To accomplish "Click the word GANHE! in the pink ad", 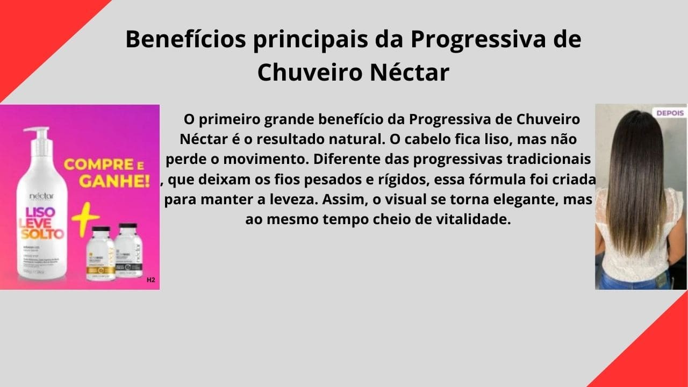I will (107, 181).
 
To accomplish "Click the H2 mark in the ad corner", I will (150, 279).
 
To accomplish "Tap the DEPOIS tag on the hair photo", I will (670, 113).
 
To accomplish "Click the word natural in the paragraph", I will (346, 139).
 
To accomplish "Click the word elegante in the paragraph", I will (524, 199).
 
